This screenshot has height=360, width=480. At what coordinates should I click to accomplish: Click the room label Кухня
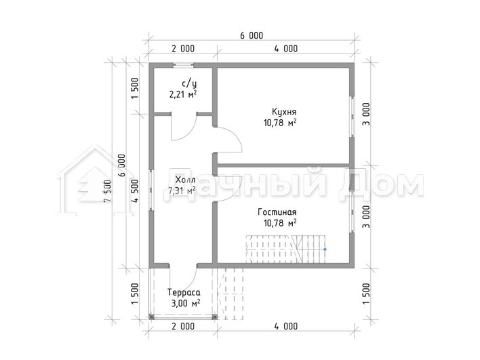click(284, 112)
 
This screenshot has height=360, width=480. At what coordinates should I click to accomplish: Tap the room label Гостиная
click(277, 212)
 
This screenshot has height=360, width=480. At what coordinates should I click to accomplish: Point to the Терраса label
click(184, 293)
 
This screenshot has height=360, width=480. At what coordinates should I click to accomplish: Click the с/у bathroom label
click(189, 83)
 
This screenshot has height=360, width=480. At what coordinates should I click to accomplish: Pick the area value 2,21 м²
click(183, 94)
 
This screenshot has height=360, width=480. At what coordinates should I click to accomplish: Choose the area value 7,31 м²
click(182, 191)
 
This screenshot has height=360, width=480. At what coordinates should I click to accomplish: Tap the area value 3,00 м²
click(186, 304)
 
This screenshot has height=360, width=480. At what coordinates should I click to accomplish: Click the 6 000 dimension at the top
click(252, 36)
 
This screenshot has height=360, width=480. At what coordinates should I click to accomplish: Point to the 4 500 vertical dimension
click(135, 191)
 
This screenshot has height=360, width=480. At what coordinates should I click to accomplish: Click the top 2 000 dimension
click(183, 49)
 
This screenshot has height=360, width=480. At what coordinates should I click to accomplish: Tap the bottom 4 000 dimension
click(286, 326)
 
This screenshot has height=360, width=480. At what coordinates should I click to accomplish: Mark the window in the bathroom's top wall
click(183, 65)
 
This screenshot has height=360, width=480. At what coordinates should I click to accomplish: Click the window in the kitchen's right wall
click(352, 117)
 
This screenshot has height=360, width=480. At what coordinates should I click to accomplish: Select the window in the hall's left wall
click(151, 189)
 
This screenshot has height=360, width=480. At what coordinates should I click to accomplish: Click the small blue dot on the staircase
click(325, 249)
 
